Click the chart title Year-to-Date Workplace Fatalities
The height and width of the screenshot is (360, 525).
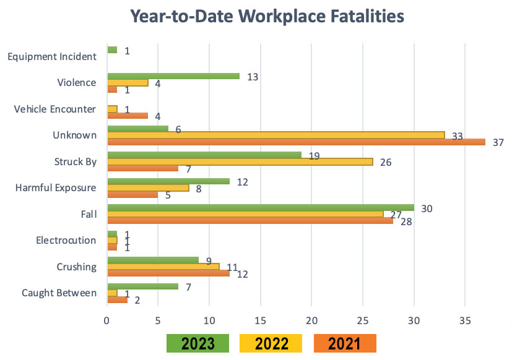[262, 17]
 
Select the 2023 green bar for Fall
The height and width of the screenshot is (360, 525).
[260, 208]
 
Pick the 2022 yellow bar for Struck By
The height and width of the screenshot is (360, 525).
[240, 161]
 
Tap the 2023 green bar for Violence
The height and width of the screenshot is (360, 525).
[173, 76]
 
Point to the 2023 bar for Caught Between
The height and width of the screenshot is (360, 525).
[142, 286]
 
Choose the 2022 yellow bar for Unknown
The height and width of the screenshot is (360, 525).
[276, 134]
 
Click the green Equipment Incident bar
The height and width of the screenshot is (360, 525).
[112, 49]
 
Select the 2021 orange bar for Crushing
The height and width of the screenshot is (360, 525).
[168, 273]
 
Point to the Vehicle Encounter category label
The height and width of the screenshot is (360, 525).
[55, 109]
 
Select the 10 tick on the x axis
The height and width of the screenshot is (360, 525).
[209, 320]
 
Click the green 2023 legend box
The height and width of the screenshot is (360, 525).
[197, 343]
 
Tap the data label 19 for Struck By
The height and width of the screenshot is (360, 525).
[314, 156]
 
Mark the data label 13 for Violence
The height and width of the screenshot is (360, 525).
[251, 77]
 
